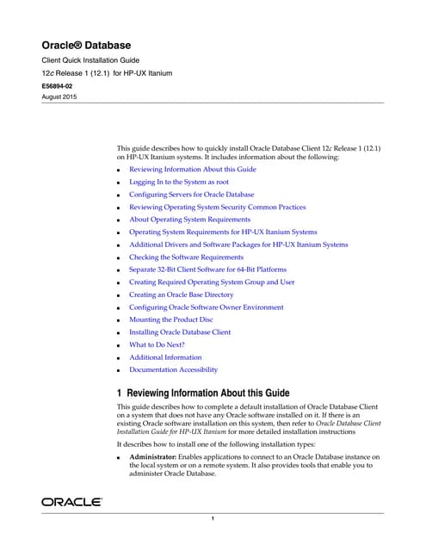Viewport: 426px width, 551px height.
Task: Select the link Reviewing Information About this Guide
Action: point(192,170)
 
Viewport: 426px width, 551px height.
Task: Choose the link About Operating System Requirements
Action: point(189,220)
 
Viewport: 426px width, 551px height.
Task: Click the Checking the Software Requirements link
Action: point(186,257)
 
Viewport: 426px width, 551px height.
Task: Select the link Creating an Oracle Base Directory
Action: point(181,294)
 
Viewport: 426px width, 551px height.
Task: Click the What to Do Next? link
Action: point(157,344)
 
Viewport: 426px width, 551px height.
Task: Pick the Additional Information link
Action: point(165,356)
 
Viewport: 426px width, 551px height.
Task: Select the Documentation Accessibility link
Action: point(173,369)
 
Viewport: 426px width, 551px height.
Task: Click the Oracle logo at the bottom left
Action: point(72,501)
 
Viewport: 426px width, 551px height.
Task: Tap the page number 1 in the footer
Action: point(212,518)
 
